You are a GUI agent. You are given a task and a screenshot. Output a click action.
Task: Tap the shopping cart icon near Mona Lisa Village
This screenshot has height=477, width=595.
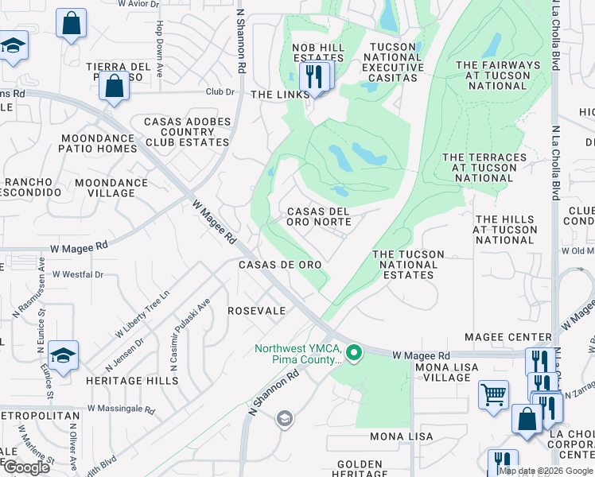[x=493, y=393]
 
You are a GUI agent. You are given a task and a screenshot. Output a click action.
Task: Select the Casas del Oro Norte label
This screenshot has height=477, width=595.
[x=318, y=216]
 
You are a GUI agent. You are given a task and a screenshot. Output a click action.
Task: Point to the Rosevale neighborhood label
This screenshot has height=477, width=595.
[x=257, y=311]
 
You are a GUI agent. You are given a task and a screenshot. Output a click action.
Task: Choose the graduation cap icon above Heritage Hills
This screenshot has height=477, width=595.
[x=63, y=355]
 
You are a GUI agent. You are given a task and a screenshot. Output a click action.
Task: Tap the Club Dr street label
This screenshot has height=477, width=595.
[x=220, y=92]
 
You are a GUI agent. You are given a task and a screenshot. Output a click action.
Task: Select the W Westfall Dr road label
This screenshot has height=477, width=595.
[x=78, y=274]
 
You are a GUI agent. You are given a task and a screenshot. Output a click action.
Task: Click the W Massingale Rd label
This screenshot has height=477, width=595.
[x=121, y=409]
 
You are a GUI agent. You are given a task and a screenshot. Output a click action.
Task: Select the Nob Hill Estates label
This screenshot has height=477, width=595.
[x=319, y=52]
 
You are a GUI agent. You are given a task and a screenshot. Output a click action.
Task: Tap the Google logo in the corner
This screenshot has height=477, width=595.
[x=26, y=467]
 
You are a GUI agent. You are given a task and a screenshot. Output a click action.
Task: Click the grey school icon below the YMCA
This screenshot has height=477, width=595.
[x=283, y=418]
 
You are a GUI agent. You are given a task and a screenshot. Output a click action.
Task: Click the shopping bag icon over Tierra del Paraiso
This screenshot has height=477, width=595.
[x=114, y=86]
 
